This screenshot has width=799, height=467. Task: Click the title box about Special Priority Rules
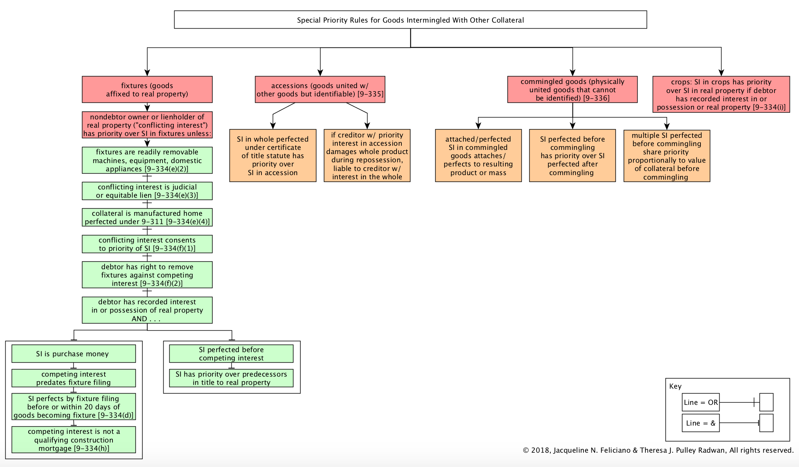coord(410,20)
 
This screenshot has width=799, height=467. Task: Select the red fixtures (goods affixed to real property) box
coord(147,90)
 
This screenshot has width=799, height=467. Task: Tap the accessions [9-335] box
coord(320,90)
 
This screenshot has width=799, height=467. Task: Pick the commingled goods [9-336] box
coord(573,90)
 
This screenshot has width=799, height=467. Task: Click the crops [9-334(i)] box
coord(721,94)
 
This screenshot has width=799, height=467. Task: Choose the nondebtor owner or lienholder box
coord(147,125)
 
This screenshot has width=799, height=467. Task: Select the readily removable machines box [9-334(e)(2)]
coord(147,160)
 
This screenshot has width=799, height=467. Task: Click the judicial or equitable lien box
coord(147,191)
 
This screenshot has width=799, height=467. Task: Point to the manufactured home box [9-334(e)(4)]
coord(147,217)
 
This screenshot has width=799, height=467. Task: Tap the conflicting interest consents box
coord(147,244)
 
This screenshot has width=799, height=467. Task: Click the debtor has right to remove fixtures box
coord(147,275)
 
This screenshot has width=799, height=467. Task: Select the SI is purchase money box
coord(74,354)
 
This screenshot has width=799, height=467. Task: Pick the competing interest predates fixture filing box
coord(74,378)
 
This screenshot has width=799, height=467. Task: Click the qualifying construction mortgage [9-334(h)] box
coord(74,440)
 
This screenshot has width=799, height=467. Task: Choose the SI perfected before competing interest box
coord(231,354)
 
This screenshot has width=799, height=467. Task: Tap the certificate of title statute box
coord(273,156)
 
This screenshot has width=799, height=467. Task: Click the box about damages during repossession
coord(367,156)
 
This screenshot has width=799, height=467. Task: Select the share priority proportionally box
coord(667,156)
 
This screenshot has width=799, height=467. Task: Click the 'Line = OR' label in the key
coord(701,402)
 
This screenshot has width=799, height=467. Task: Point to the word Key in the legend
coord(675,386)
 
